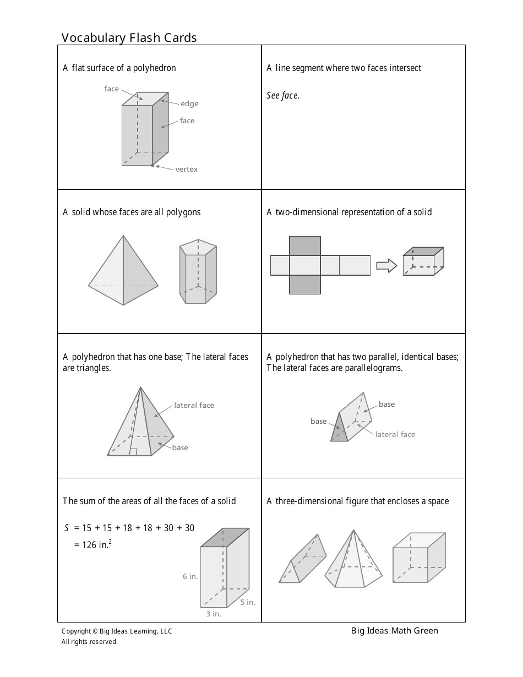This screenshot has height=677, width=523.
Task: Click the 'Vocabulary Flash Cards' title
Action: [129, 37]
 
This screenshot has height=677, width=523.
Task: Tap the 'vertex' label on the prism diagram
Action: [186, 170]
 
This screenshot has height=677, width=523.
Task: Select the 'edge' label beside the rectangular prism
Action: [189, 103]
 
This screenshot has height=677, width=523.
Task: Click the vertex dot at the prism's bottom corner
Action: [152, 165]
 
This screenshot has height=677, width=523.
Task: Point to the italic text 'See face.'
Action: [283, 96]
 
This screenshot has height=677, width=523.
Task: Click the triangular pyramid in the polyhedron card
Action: [123, 272]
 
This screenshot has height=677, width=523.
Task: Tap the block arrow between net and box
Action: [386, 266]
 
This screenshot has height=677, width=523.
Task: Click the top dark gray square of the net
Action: [304, 245]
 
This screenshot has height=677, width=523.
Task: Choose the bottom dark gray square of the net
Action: [304, 285]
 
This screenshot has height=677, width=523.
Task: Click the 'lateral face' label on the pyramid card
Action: [194, 406]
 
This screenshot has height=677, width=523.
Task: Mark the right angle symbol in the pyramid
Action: [133, 452]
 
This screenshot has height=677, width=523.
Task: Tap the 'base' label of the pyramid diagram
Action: [180, 448]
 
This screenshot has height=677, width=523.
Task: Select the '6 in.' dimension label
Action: [190, 577]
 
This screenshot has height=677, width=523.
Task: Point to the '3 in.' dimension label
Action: [214, 614]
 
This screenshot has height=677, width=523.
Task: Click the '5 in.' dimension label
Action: [248, 602]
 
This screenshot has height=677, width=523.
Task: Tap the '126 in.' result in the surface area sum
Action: [97, 545]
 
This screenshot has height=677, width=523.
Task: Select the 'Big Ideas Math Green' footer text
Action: [395, 631]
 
